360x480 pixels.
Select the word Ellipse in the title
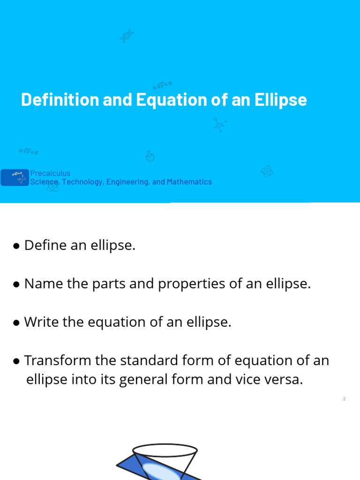pos(281,100)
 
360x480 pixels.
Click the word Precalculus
pos(50,173)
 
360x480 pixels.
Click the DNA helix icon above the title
pos(126,36)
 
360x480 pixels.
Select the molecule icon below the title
pos(219,124)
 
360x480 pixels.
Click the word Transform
pos(57,360)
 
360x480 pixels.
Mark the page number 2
pos(344,399)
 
